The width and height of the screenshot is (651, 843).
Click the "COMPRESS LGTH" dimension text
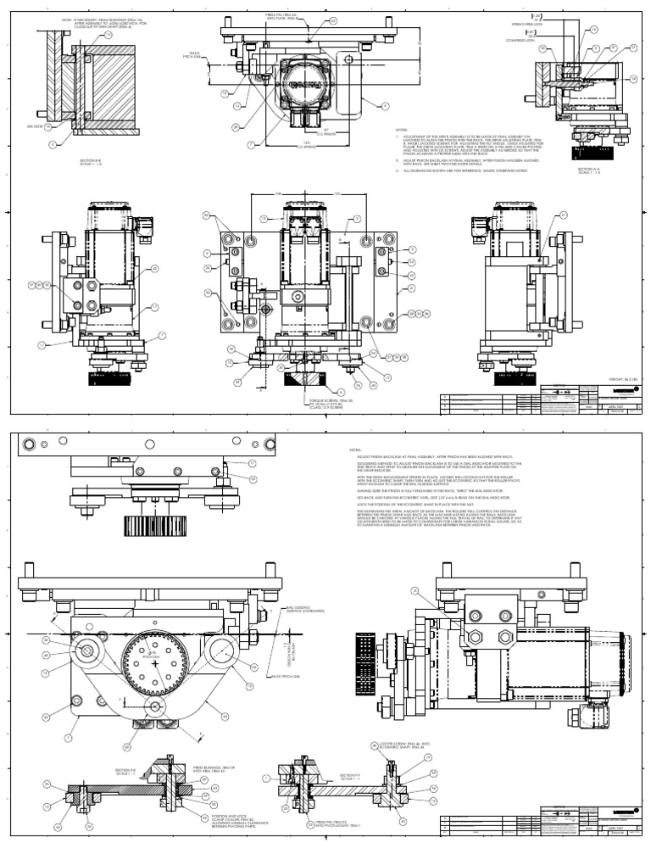pyautogui.click(x=520, y=40)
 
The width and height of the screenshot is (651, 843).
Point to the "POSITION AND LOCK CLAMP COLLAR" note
pyautogui.click(x=227, y=820)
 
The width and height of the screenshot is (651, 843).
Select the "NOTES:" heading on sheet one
pyautogui.click(x=403, y=131)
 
